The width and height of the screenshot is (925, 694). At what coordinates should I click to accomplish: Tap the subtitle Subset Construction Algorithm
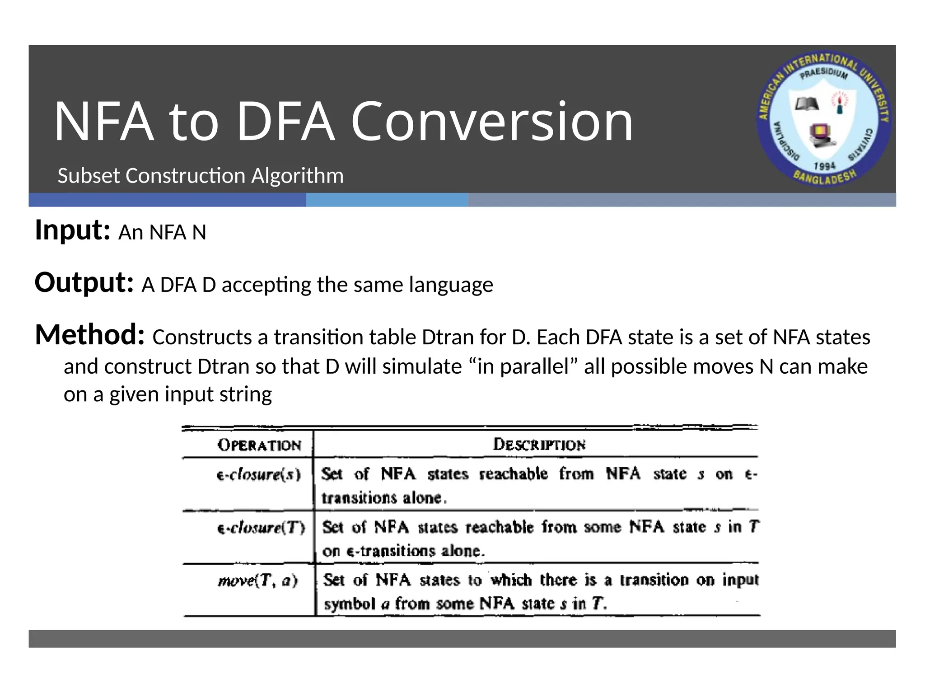201,176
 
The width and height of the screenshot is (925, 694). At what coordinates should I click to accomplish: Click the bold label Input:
72,230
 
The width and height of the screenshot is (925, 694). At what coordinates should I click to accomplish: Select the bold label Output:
84,282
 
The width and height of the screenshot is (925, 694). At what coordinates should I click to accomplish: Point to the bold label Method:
90,335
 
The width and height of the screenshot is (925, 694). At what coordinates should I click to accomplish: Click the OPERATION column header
259,445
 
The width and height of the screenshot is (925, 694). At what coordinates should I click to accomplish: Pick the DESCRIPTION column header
539,445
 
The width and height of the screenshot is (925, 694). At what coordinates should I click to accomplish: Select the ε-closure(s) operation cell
259,475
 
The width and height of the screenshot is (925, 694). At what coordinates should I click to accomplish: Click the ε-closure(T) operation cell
261,528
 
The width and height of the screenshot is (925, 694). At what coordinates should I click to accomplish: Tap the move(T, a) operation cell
258,580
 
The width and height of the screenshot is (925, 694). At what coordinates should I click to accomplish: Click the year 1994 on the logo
824,166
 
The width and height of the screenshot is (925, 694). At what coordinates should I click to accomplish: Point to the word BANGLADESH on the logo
825,178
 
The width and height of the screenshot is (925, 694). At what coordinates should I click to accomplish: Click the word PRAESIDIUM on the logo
824,74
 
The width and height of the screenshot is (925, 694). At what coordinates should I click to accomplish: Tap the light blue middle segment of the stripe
387,200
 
